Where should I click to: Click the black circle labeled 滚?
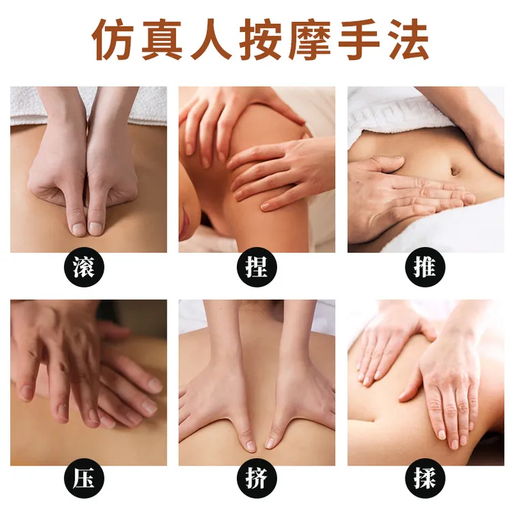point(84,267)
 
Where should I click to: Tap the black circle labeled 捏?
point(257,267)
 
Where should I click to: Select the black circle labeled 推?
point(425,267)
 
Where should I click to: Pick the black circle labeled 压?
point(84,478)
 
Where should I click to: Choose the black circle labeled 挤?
point(257,478)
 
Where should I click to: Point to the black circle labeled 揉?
point(425,478)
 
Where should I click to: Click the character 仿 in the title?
point(113,40)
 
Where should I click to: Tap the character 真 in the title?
point(162,40)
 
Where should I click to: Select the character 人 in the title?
point(211,40)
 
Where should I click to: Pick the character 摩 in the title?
point(309,40)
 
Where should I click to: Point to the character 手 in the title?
point(358,40)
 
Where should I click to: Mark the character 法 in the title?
point(408,40)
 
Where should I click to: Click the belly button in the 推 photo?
point(455,170)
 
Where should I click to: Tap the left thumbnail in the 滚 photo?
point(78,229)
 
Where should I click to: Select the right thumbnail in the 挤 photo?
point(270,443)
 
